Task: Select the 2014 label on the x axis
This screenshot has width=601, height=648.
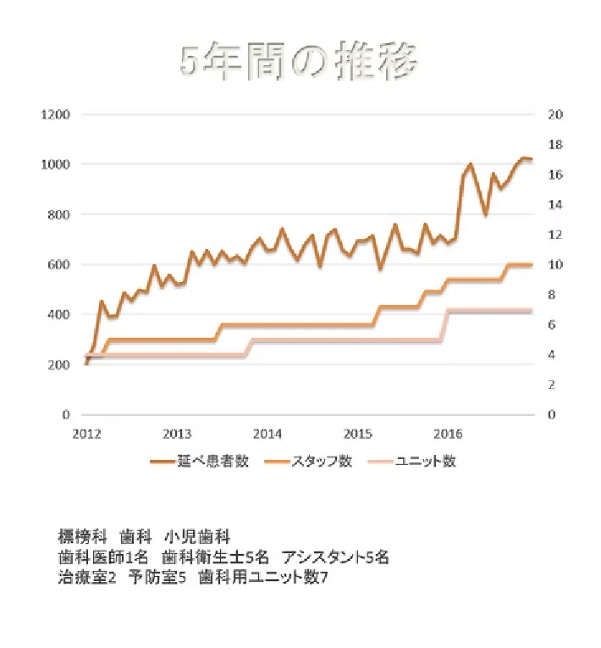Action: click(267, 435)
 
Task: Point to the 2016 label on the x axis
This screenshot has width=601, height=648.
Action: click(448, 435)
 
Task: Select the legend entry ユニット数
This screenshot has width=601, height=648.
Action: click(426, 462)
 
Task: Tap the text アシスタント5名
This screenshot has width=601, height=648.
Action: click(336, 557)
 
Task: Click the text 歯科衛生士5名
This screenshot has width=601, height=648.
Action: click(215, 557)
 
